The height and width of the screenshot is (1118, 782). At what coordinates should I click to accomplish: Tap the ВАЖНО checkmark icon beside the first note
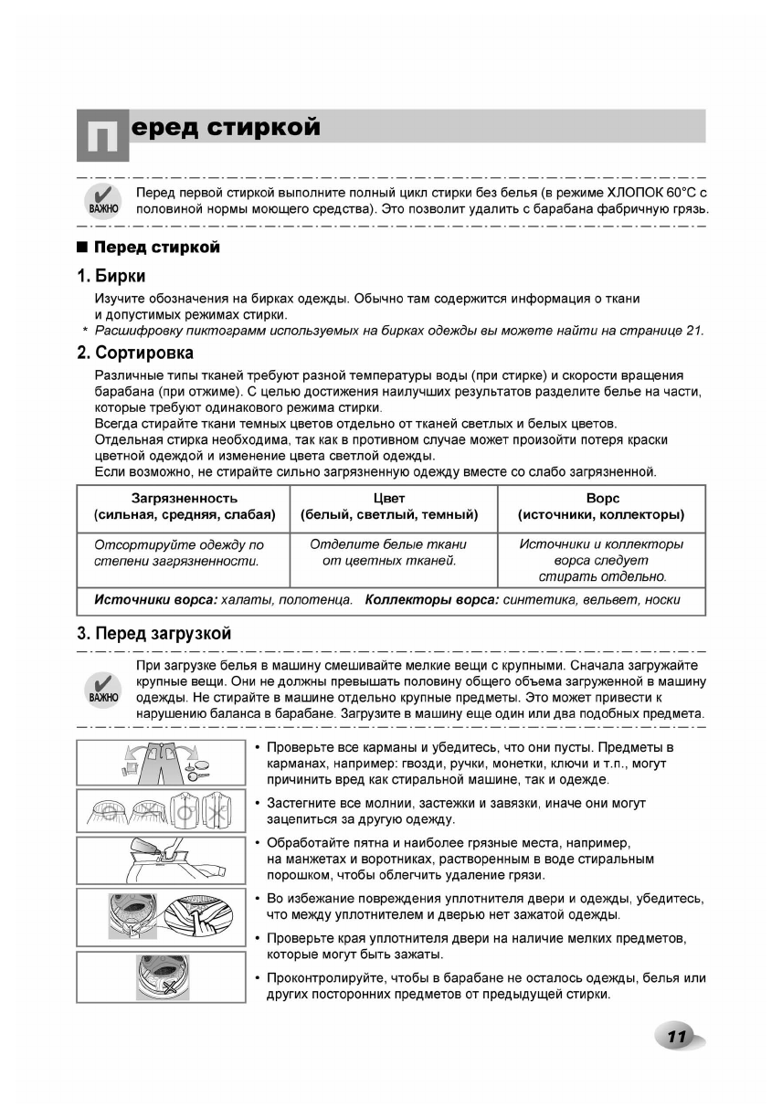point(103,200)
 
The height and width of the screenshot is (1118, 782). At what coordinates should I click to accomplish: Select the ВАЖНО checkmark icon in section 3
point(103,689)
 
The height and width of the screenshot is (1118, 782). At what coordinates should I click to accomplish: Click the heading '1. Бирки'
point(111,276)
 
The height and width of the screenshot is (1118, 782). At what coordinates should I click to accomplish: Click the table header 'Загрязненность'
point(185,499)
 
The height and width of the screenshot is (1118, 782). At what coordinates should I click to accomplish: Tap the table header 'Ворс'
point(602,499)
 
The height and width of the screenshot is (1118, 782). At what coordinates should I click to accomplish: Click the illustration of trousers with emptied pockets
point(161,762)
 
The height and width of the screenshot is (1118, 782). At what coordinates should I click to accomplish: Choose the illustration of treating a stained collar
point(161,859)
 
